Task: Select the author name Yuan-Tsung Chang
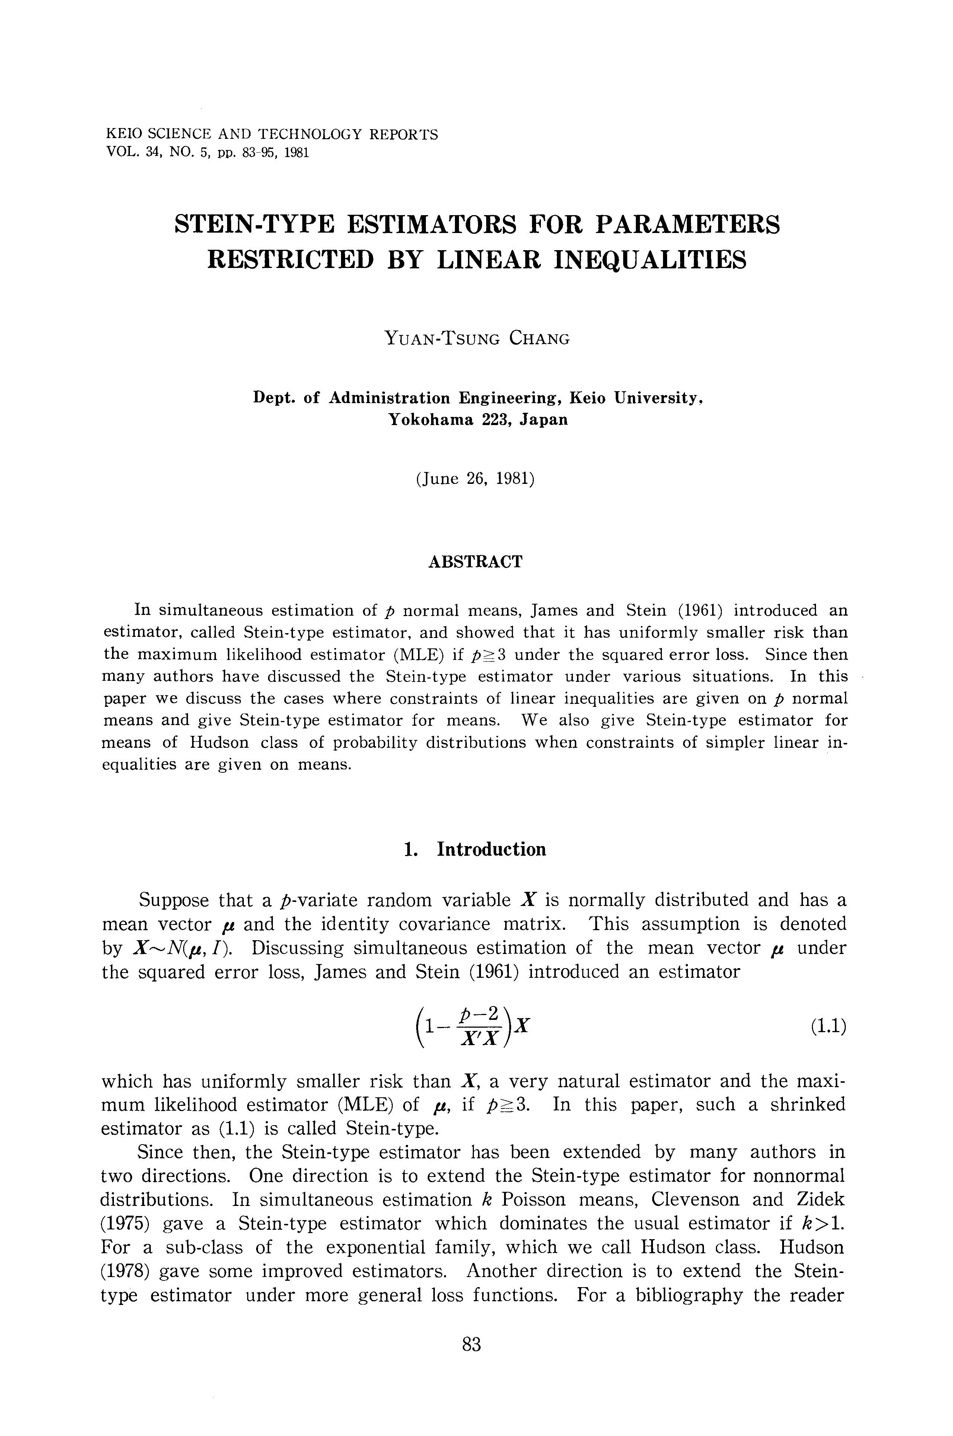click(x=477, y=338)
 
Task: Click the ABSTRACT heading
click(x=475, y=562)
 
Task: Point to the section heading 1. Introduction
click(x=475, y=849)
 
